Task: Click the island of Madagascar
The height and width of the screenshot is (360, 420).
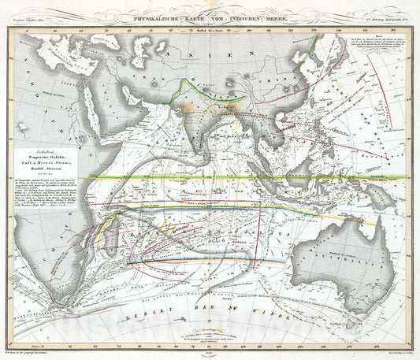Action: (x=125, y=228)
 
